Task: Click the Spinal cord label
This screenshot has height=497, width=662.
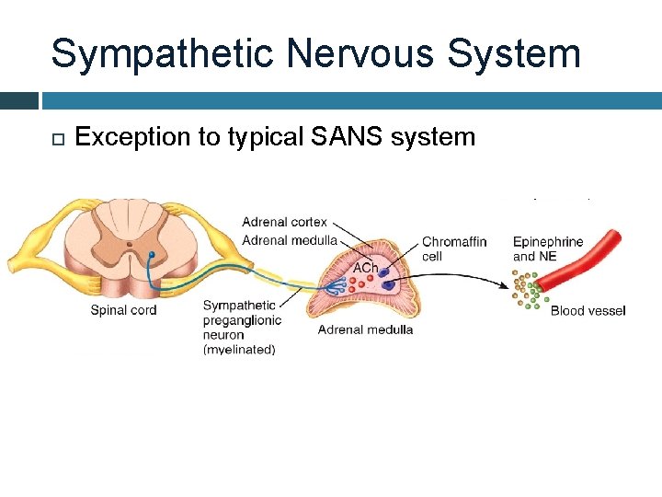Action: tap(123, 310)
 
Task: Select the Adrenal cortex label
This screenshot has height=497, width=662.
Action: tap(284, 222)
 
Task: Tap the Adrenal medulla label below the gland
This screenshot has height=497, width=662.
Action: tap(365, 329)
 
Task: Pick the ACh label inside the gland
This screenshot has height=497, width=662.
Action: tap(366, 267)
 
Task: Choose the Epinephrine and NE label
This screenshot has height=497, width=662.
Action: tap(548, 248)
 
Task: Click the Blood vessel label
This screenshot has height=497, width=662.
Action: tap(588, 310)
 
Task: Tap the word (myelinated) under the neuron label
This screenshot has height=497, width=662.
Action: tap(239, 350)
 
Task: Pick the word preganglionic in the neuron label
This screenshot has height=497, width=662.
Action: tap(242, 320)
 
